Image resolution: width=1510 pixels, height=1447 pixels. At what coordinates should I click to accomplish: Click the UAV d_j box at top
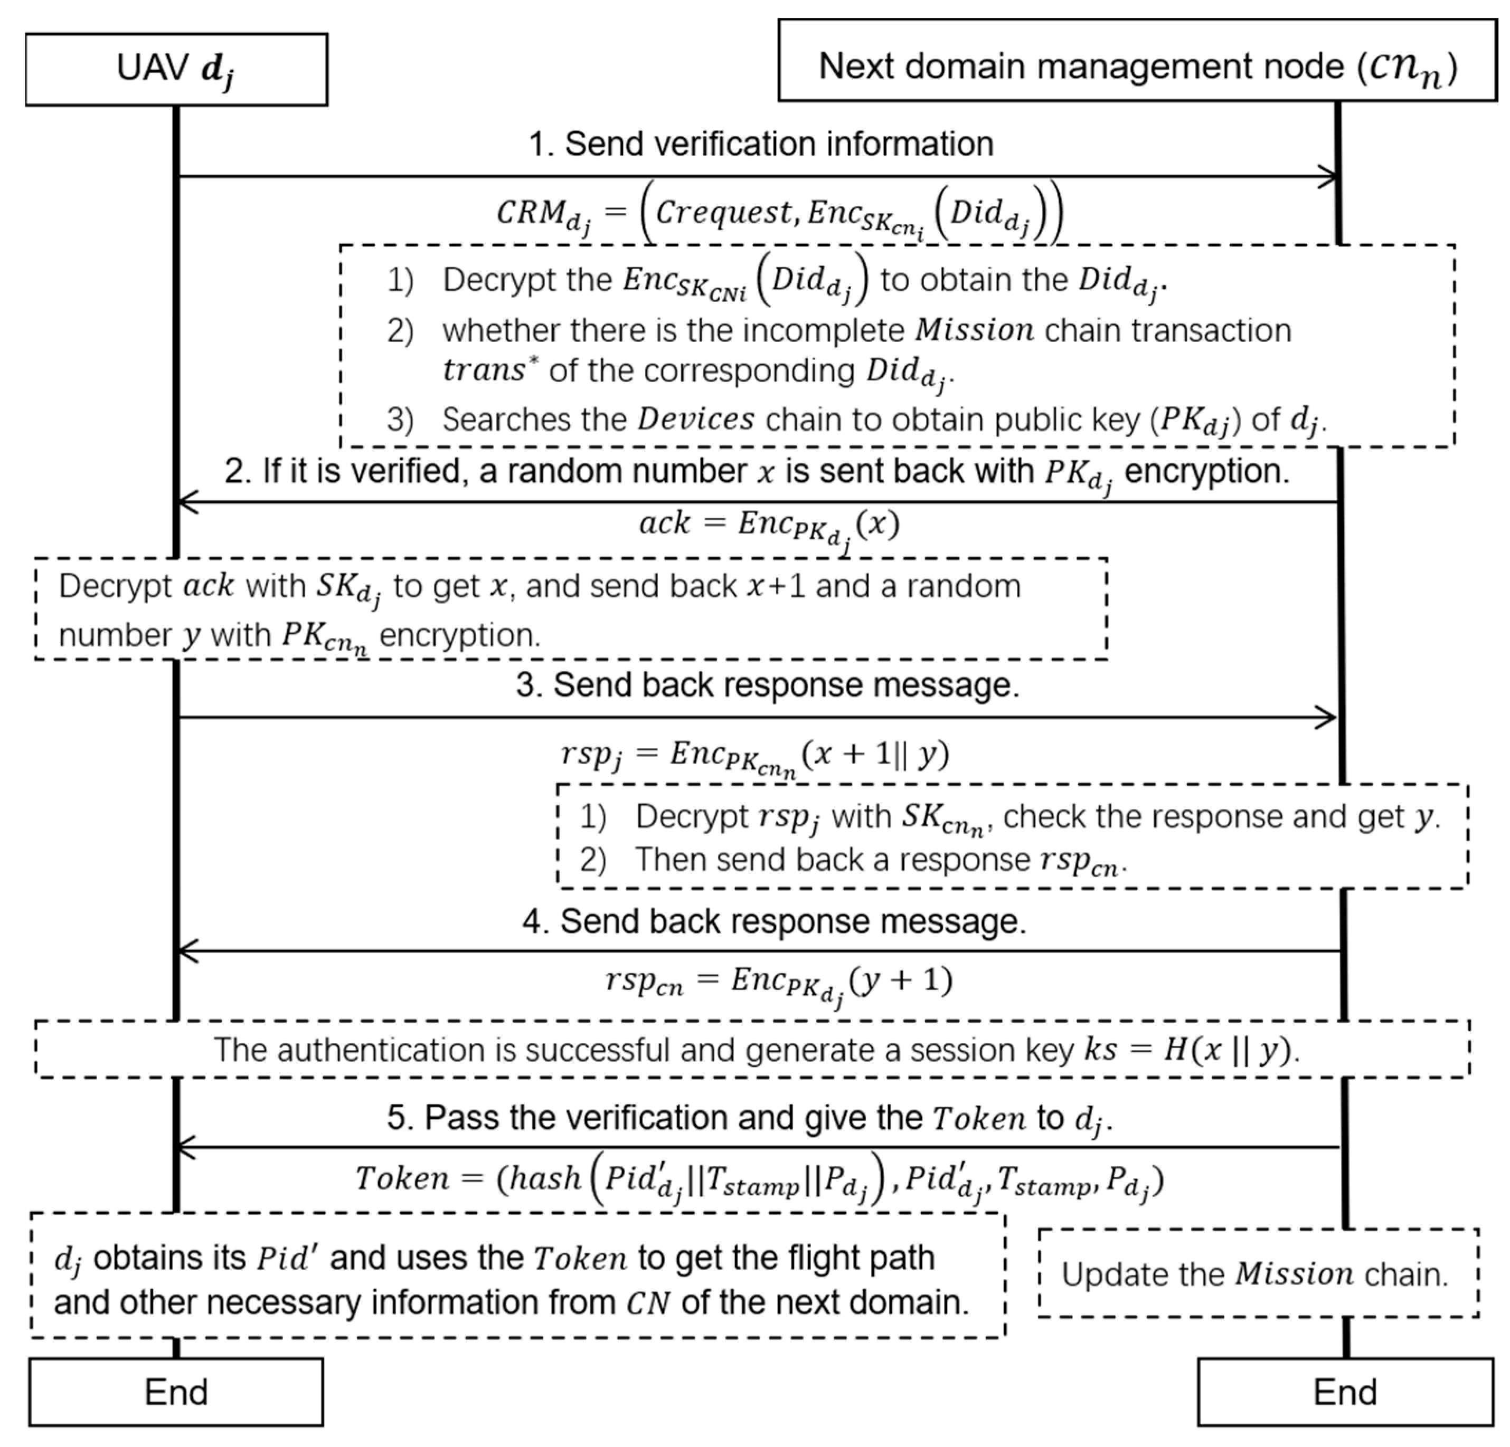click(x=176, y=69)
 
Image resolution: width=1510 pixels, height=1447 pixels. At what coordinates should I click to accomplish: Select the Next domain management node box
click(x=1137, y=61)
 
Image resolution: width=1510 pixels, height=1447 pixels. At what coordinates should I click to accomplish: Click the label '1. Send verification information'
click(x=760, y=144)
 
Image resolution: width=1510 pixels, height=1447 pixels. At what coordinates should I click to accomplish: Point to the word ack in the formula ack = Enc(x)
click(x=664, y=523)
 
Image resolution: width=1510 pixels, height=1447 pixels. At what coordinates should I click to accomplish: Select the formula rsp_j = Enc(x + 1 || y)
click(x=755, y=755)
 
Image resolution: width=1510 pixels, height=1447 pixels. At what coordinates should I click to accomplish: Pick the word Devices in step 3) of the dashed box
click(x=696, y=420)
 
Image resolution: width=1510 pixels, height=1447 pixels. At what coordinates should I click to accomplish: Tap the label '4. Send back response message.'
click(x=773, y=921)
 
